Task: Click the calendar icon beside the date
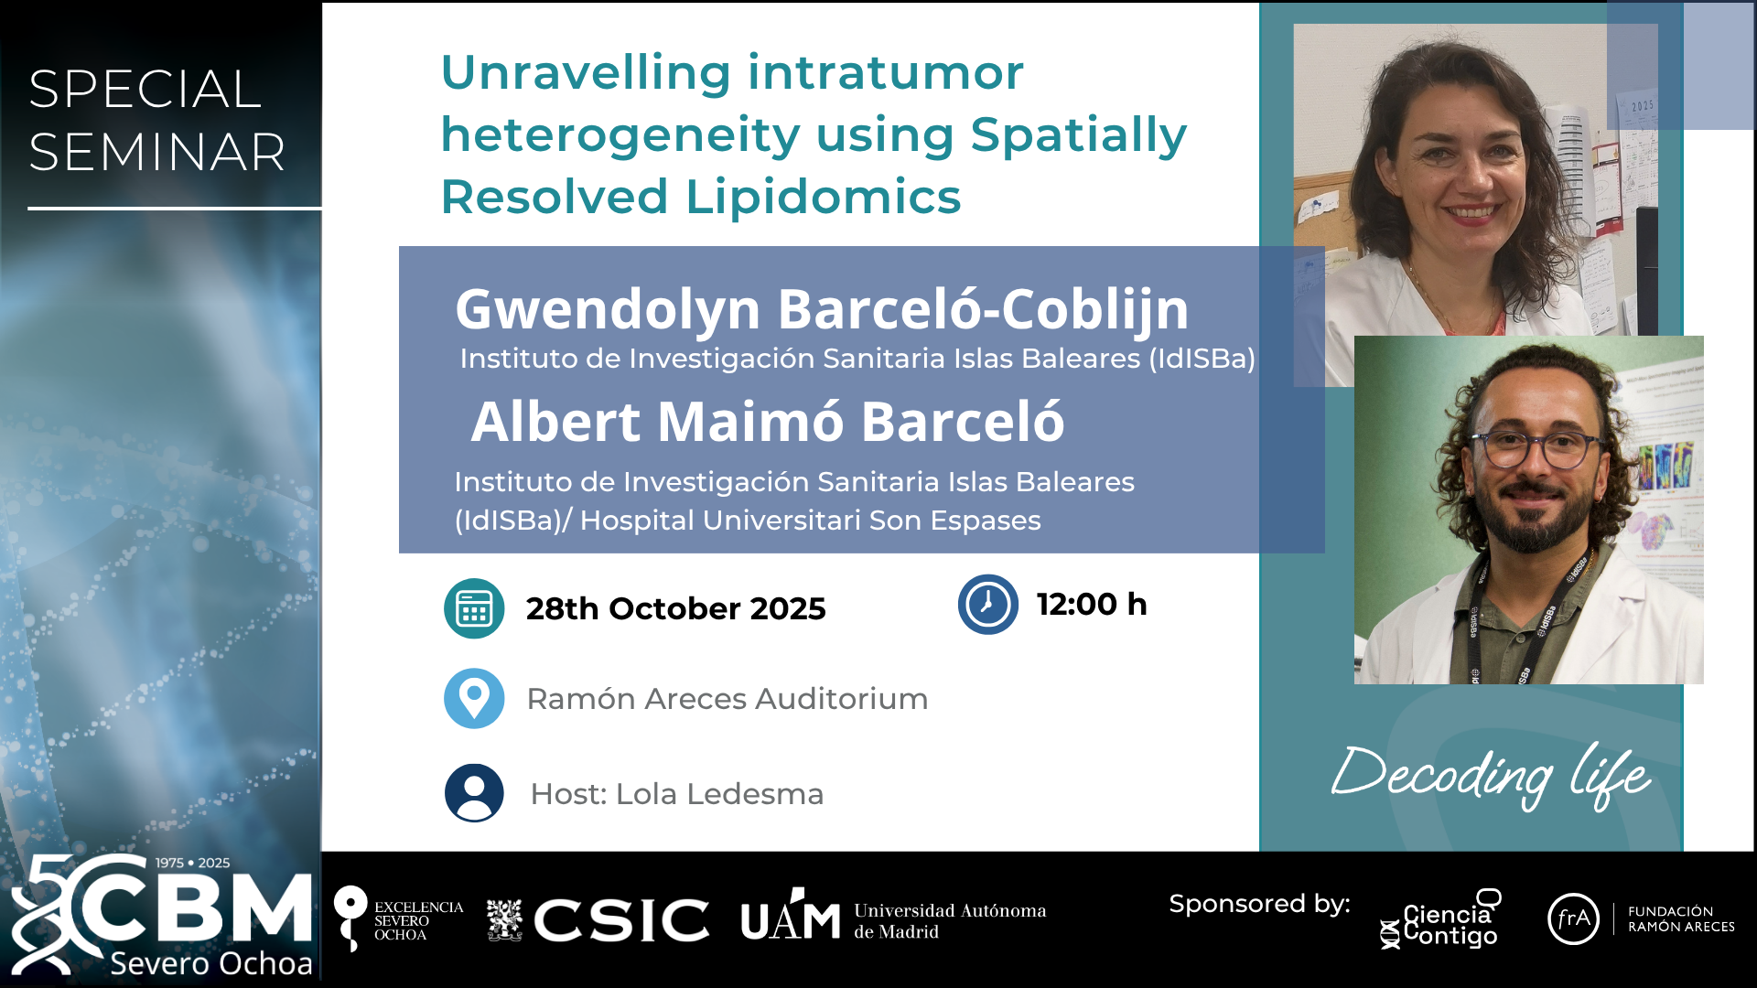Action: [x=474, y=608]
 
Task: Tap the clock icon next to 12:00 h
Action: [x=988, y=604]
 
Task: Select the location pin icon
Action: [x=474, y=698]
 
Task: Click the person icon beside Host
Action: [x=474, y=793]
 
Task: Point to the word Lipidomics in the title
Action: [x=824, y=197]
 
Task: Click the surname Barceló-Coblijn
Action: [x=984, y=309]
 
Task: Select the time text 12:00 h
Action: [x=1092, y=605]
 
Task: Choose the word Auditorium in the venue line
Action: [x=842, y=699]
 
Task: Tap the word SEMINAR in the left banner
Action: [x=157, y=152]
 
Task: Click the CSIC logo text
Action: [x=621, y=920]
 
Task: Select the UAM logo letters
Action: [x=791, y=916]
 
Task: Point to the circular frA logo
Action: [x=1573, y=918]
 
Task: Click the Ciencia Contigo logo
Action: [x=1441, y=919]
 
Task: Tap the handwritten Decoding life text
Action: [x=1491, y=776]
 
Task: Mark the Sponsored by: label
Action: [x=1259, y=905]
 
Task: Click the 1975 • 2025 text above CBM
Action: [x=192, y=863]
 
